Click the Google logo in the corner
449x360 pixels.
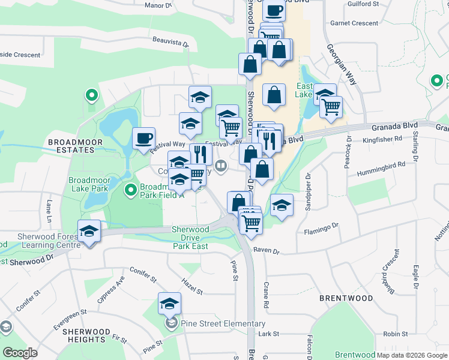coord(20,353)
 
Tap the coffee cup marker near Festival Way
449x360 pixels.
coord(143,138)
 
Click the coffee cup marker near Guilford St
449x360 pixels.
coord(274,10)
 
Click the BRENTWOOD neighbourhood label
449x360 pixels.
coord(346,298)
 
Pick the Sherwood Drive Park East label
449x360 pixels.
coord(191,238)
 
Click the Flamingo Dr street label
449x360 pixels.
coord(321,229)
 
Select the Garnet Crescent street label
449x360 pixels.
coord(354,23)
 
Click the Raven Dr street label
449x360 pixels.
coord(267,250)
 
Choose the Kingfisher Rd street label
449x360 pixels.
coord(382,139)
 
